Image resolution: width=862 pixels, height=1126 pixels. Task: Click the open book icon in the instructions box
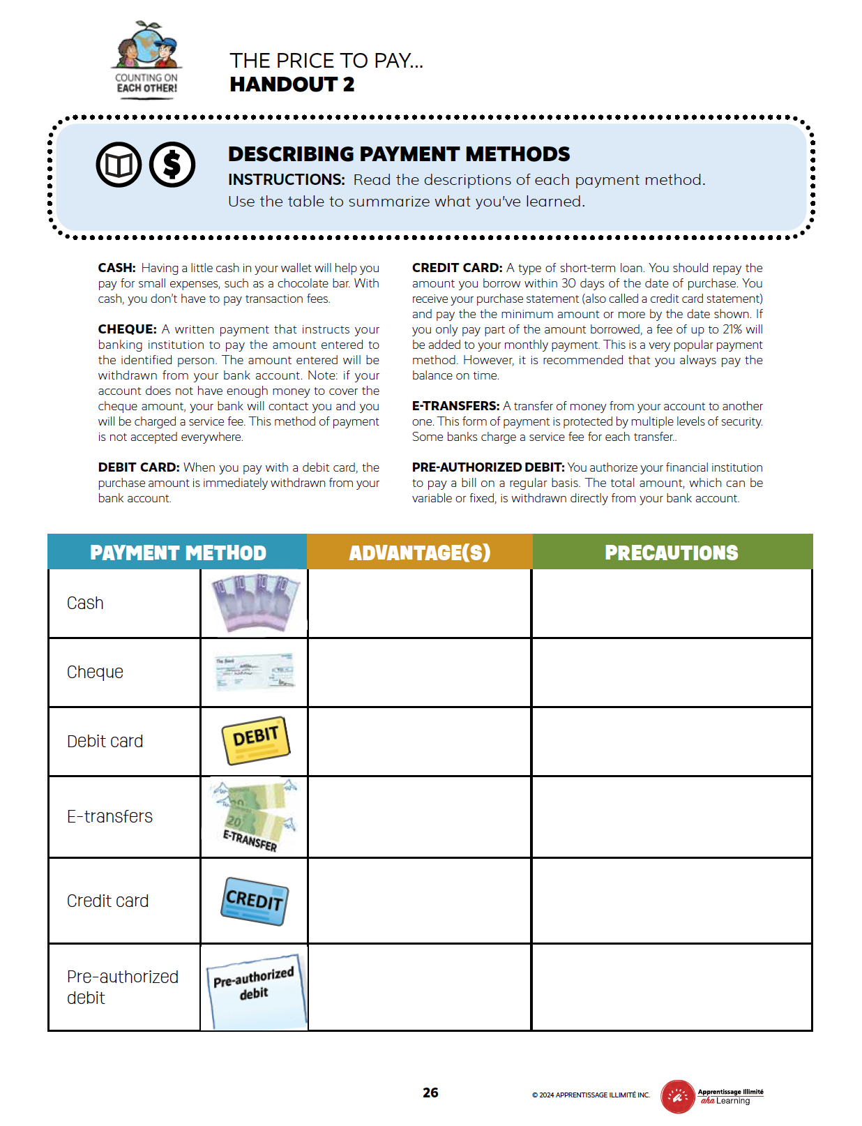pyautogui.click(x=119, y=165)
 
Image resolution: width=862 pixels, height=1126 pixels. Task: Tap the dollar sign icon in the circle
pyautogui.click(x=172, y=165)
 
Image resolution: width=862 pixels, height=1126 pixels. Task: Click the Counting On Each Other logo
pyautogui.click(x=146, y=60)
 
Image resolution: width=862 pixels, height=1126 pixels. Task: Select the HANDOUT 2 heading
pyautogui.click(x=292, y=84)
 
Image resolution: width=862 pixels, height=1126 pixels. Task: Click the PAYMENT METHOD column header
pyautogui.click(x=178, y=553)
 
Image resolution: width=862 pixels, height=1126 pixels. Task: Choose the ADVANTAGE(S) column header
pyautogui.click(x=420, y=553)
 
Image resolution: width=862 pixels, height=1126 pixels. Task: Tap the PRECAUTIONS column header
pyautogui.click(x=671, y=553)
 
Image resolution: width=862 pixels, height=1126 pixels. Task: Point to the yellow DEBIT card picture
pyautogui.click(x=255, y=740)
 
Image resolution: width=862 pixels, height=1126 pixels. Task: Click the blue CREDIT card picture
pyautogui.click(x=255, y=901)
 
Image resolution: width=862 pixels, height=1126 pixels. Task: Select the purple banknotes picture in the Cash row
pyautogui.click(x=255, y=603)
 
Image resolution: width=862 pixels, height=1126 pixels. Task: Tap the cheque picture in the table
pyautogui.click(x=255, y=671)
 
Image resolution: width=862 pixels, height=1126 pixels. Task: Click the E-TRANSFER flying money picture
pyautogui.click(x=255, y=816)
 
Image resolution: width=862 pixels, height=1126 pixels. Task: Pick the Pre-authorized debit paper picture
pyautogui.click(x=255, y=989)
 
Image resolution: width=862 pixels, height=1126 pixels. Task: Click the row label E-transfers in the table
pyautogui.click(x=109, y=816)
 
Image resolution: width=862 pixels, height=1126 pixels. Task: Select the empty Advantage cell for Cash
pyautogui.click(x=419, y=603)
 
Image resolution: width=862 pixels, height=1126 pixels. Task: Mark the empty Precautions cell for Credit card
pyautogui.click(x=672, y=901)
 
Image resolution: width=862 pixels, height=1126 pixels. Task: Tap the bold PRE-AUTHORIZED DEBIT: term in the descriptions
pyautogui.click(x=487, y=467)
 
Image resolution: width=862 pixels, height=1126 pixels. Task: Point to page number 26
pyautogui.click(x=430, y=1093)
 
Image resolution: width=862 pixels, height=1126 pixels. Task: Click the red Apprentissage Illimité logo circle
pyautogui.click(x=677, y=1096)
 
